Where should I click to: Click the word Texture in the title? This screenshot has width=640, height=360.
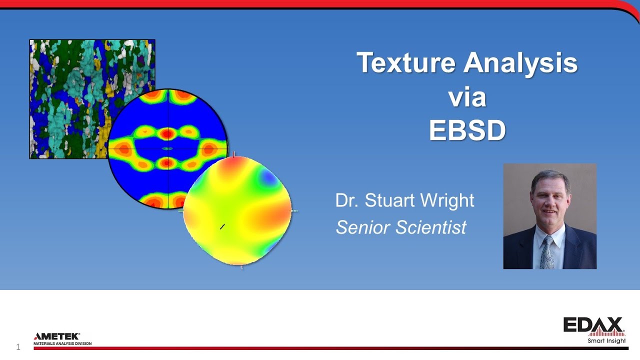click(x=405, y=63)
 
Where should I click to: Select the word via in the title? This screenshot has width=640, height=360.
click(x=467, y=97)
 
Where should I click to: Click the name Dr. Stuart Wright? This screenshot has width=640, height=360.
click(x=404, y=200)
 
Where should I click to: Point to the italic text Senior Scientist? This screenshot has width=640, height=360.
click(x=401, y=227)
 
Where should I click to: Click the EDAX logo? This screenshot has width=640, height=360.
click(x=593, y=325)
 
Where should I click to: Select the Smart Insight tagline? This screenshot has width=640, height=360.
click(x=606, y=341)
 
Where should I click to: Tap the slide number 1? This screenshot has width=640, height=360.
click(x=18, y=347)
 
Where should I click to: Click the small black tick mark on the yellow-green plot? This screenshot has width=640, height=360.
click(x=222, y=226)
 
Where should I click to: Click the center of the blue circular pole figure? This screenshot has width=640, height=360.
click(x=168, y=148)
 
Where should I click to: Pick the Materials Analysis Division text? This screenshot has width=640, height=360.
click(x=62, y=344)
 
